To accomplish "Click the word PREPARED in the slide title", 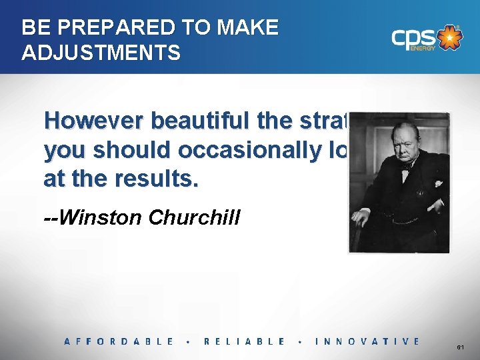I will [x=110, y=28].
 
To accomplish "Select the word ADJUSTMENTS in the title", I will [x=101, y=53].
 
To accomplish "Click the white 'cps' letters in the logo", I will [x=413, y=39].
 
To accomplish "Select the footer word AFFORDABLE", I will [x=119, y=341].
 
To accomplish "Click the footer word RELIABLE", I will [x=244, y=341].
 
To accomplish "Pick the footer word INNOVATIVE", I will [x=367, y=341].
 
